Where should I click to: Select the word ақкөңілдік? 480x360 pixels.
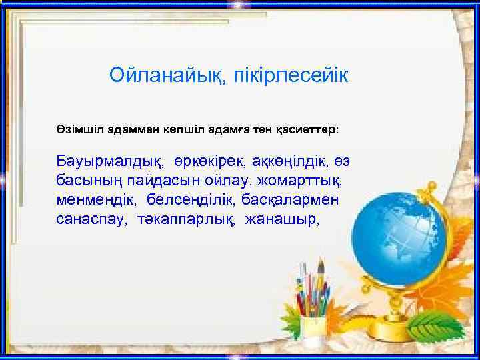(290, 162)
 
